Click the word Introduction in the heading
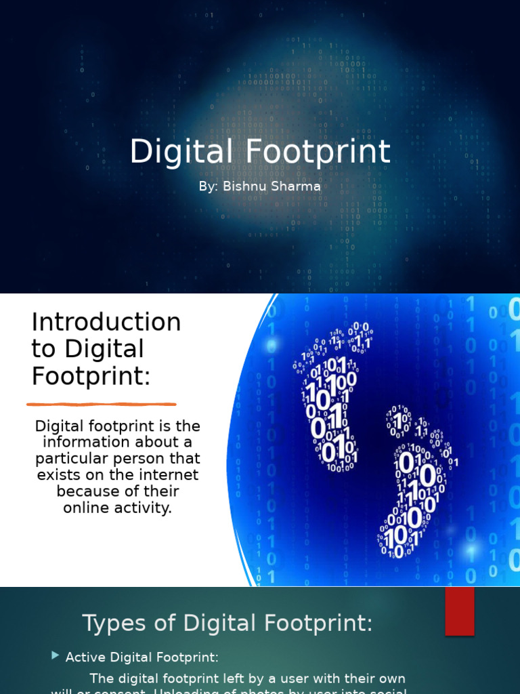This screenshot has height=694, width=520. [106, 322]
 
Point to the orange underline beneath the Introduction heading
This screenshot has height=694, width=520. [102, 405]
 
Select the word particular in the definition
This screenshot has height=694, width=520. [69, 458]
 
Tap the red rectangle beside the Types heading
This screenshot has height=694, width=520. [459, 611]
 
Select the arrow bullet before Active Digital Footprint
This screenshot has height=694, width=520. [56, 655]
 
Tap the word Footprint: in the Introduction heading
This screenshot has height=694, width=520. [91, 376]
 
